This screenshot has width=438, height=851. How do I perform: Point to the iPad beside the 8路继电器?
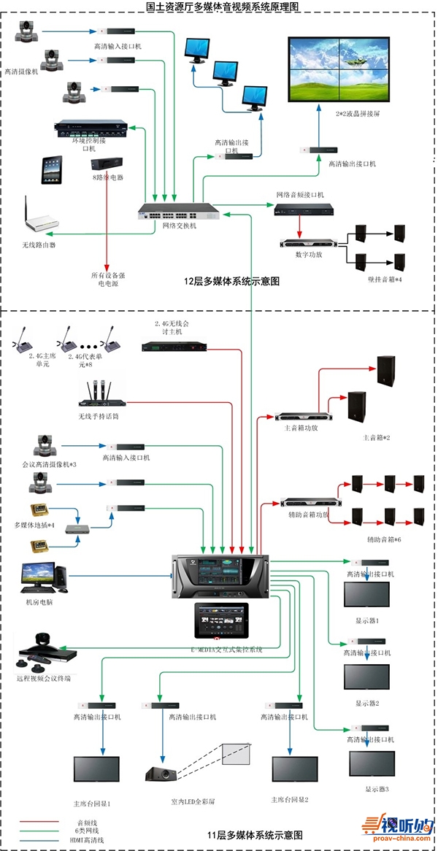point(53,169)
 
